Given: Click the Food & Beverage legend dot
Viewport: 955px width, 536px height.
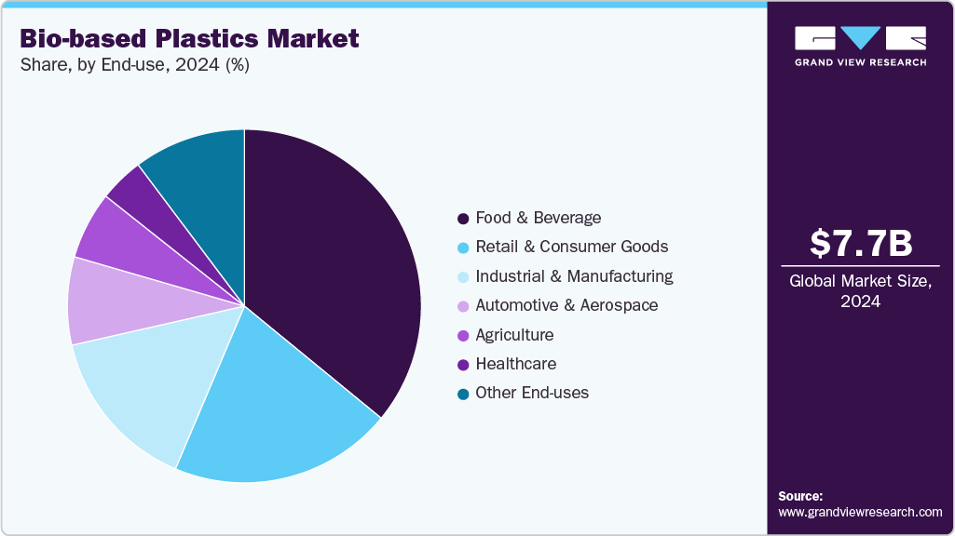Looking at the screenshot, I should tap(462, 219).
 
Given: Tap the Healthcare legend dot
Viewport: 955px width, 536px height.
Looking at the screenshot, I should tap(462, 365).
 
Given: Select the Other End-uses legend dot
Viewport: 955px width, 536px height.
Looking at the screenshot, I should tap(462, 394).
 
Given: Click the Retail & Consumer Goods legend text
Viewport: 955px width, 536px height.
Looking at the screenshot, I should tap(571, 247).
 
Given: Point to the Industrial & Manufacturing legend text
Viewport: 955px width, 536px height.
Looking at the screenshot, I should tap(574, 276).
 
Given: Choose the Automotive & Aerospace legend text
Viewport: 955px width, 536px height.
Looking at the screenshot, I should tap(566, 305).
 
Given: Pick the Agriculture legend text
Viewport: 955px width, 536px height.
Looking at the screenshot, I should tap(514, 335).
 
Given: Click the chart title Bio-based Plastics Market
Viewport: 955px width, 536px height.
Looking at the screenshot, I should tap(189, 39).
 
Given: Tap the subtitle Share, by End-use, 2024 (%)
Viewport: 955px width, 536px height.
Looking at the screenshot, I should tap(134, 65).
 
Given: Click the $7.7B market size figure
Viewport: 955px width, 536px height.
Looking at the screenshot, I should tap(860, 244).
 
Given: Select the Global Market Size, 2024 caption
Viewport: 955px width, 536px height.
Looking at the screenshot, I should tap(860, 290).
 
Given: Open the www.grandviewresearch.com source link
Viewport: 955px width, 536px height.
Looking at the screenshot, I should tap(860, 512).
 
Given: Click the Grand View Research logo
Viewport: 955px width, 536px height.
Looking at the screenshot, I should tap(860, 45).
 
